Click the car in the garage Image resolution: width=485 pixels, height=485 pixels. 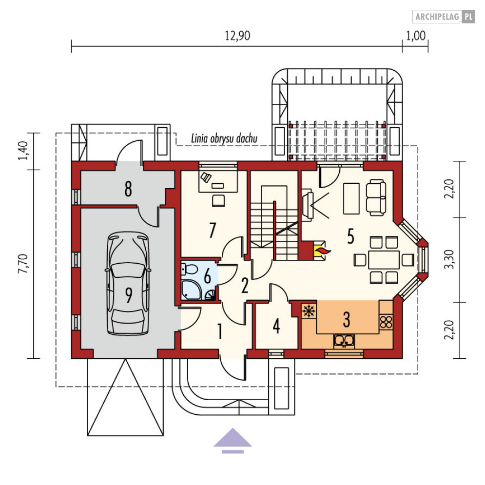[x=128, y=283]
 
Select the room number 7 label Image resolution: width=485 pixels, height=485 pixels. [x=212, y=230]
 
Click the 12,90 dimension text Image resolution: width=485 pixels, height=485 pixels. [x=237, y=36]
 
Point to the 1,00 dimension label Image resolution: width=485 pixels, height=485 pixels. [x=416, y=36]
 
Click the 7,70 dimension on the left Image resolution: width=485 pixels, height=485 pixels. [x=23, y=264]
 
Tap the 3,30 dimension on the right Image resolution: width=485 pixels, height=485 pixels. [x=449, y=259]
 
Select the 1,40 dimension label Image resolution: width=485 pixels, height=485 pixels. [x=23, y=151]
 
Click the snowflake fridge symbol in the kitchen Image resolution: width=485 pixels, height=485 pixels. [x=309, y=311]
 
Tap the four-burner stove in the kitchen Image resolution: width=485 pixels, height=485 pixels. [x=386, y=322]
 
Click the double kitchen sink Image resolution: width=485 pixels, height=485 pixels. [x=344, y=341]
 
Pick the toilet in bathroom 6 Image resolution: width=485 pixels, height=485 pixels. [x=189, y=269]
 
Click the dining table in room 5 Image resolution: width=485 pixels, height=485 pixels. [x=384, y=260]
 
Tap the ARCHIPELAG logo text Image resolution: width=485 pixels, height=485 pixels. [x=437, y=17]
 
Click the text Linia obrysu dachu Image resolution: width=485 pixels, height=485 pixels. [x=224, y=138]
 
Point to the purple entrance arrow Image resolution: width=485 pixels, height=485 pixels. [x=233, y=441]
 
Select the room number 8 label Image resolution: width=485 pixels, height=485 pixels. [x=128, y=189]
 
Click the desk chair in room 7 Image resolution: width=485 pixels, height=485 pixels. [x=218, y=201]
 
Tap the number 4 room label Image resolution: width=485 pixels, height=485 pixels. [x=276, y=326]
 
